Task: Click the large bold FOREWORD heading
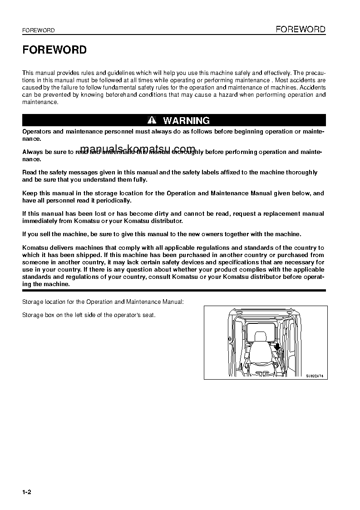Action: (x=54, y=50)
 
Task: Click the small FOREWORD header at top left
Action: (x=39, y=30)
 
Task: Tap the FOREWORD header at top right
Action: (x=301, y=30)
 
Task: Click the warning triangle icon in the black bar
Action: (x=152, y=120)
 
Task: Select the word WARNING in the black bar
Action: (x=186, y=120)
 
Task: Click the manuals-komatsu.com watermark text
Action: (x=138, y=149)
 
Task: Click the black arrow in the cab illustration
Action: (x=276, y=347)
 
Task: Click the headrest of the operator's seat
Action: (x=261, y=337)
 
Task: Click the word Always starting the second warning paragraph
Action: (x=32, y=153)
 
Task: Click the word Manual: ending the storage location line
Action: (x=173, y=302)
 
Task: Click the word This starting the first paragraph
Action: (x=28, y=73)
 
